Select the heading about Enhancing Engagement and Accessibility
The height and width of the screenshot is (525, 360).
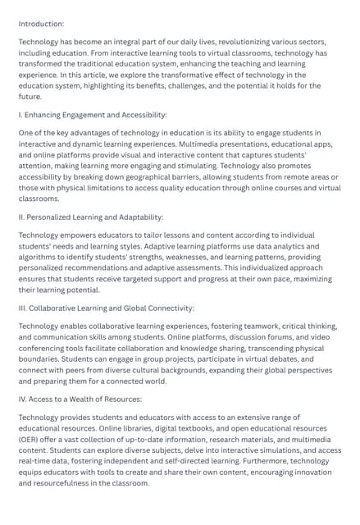(x=93, y=115)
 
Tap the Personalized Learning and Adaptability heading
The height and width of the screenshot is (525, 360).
(x=91, y=217)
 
